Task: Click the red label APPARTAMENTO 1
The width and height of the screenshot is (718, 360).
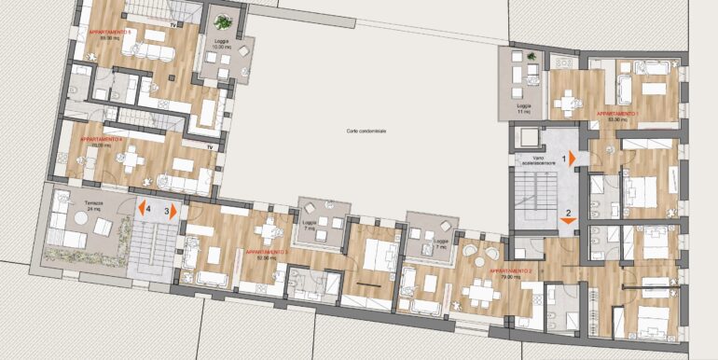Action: click(615, 113)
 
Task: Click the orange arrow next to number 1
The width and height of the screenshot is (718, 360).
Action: click(573, 159)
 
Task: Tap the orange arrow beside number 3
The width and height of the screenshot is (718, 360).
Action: click(173, 211)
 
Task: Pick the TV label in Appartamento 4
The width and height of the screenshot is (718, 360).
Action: click(211, 147)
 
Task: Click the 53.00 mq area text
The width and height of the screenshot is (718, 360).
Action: click(614, 119)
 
